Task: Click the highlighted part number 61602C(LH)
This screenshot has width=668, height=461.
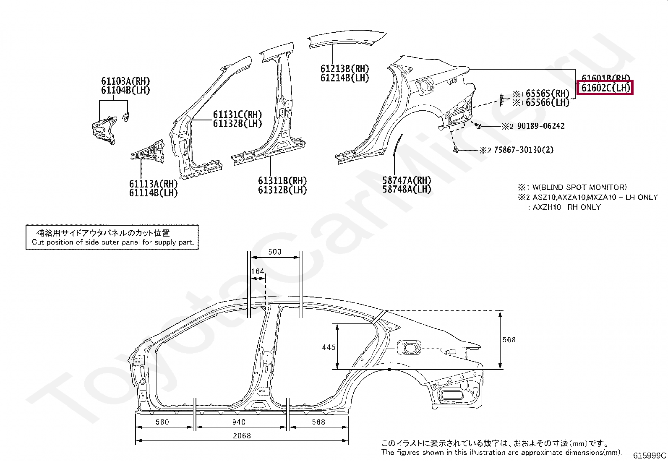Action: (605, 88)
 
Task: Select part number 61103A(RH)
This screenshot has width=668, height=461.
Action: (125, 81)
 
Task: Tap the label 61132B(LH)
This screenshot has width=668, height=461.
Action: (237, 123)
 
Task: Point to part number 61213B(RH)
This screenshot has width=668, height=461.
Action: (344, 69)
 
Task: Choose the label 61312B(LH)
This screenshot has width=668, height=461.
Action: (282, 190)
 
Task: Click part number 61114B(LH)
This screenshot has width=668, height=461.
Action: (153, 193)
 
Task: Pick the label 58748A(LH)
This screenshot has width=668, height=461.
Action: (407, 189)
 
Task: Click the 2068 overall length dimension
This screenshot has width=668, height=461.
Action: (242, 436)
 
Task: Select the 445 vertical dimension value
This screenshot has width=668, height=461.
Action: (329, 347)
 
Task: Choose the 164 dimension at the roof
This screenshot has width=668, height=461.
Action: (258, 271)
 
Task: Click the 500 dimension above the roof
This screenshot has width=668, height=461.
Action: (274, 252)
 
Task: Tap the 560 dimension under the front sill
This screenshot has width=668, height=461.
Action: (162, 422)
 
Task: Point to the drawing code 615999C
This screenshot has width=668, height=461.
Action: (650, 455)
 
